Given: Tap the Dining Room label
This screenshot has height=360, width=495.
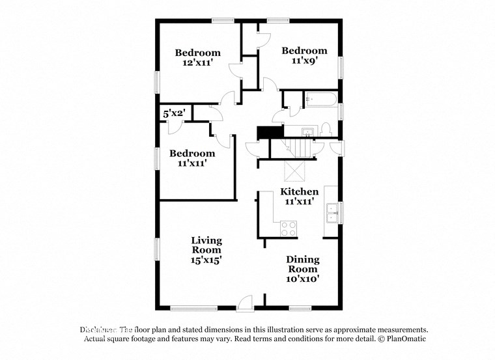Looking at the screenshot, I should coord(303,264).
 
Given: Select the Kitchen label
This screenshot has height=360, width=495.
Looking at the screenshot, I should coord(299,191).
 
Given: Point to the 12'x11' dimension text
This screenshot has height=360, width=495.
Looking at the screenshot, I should coord(198,63).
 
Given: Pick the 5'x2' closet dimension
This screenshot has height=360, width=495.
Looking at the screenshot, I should coord(174,113).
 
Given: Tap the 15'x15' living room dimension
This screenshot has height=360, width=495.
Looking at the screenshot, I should coord(206,260).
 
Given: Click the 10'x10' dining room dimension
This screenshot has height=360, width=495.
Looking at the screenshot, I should coord(303,279).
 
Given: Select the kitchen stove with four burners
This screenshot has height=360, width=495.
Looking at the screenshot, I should coord(289,228).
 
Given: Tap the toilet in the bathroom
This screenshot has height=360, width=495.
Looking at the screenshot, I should coord(326,127).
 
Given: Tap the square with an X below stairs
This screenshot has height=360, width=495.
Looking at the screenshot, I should coord(295,171).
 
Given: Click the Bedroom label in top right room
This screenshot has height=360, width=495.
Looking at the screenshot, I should coord(304,51).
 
